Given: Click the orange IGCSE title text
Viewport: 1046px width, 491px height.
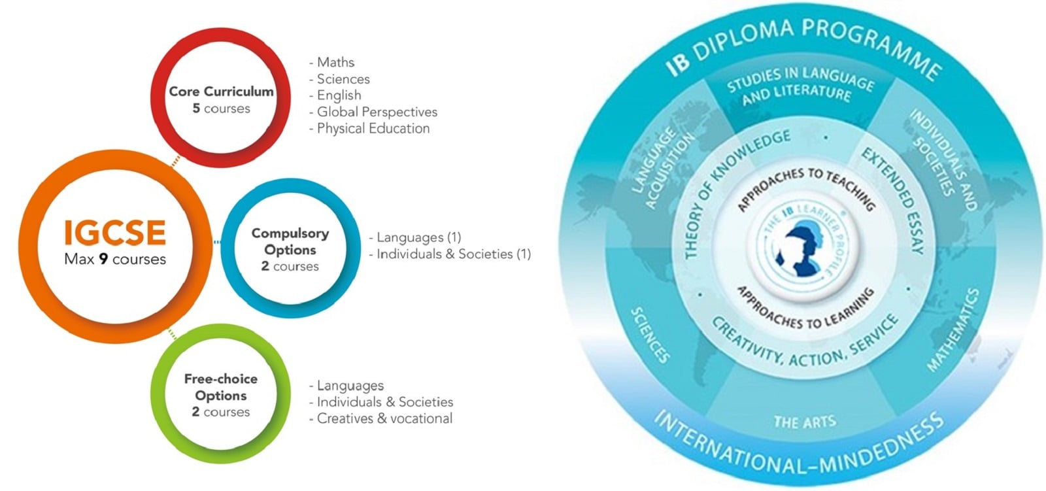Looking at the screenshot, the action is pos(115,233).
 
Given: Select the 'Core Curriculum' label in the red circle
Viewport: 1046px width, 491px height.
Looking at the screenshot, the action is pos(222,91).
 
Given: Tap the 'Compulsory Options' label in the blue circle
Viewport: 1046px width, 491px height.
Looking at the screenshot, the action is pos(290,241).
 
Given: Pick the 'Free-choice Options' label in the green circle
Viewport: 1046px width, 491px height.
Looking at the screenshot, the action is pos(221,387).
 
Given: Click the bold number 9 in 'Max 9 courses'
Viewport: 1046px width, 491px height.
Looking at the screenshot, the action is pos(103,260).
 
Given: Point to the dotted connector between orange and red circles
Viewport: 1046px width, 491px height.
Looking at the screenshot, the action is pos(176,161).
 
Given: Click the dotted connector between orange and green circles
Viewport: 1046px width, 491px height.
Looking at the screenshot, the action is pos(173,335).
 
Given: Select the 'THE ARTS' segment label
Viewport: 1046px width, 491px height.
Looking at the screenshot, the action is pos(805,422).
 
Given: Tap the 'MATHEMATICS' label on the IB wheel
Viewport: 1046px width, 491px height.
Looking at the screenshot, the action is pos(953,330).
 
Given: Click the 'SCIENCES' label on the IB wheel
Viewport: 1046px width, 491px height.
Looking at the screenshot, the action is pos(650,335).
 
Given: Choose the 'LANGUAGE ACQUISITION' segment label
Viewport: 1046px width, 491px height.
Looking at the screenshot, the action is pos(662,168).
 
